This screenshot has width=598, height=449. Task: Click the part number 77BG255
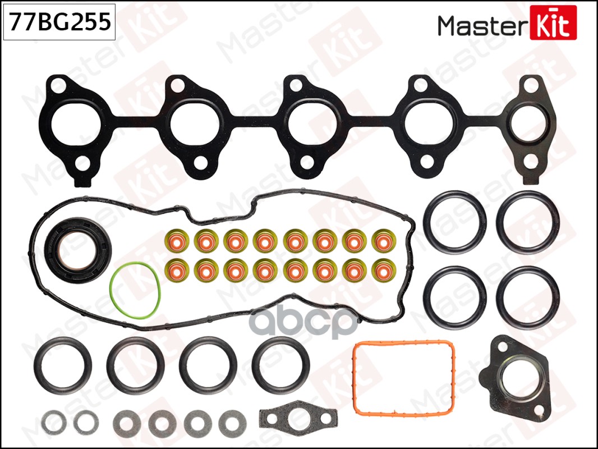point(58,23)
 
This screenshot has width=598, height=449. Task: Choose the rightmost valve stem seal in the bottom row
point(383,270)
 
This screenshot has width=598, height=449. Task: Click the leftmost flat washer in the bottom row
point(53,421)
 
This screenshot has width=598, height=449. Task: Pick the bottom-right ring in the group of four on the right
point(528,296)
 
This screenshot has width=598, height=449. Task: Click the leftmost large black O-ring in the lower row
point(63,365)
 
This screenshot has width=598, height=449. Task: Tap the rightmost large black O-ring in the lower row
point(281,365)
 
